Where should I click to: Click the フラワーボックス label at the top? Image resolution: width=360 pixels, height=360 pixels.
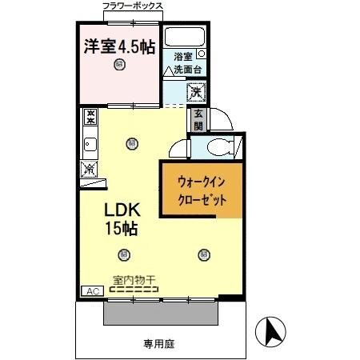pos(133,6)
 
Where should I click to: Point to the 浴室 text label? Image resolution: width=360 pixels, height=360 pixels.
pos(183,57)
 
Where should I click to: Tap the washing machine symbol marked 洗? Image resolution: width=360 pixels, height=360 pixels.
pos(196,91)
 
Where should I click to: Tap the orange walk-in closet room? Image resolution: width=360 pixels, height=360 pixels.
pos(199,190)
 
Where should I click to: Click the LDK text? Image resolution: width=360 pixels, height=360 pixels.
pos(122,210)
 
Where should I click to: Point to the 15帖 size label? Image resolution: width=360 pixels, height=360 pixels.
pos(122,229)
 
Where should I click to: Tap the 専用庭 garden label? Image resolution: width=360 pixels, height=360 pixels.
pos(158,345)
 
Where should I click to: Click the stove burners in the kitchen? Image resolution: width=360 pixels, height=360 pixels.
pos(90,118)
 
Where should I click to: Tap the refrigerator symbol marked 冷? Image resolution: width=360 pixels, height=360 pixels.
pos(90,170)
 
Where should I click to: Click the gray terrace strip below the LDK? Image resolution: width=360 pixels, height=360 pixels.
pos(160,313)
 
